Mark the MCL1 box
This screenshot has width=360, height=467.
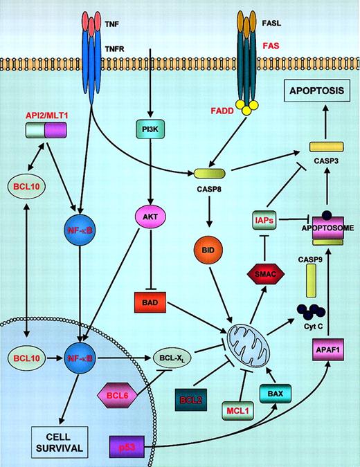pyautogui.click(x=237, y=408)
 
